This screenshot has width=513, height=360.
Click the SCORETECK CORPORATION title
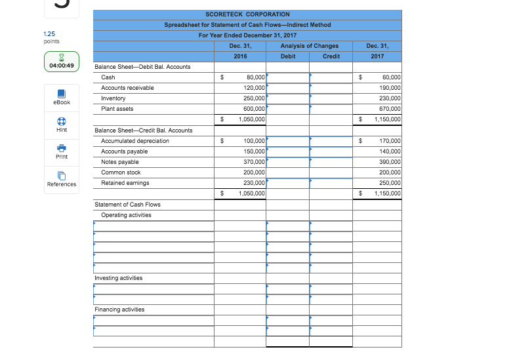(247, 14)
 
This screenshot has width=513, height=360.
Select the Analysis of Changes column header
(309, 46)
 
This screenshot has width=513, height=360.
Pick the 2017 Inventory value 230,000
(390, 98)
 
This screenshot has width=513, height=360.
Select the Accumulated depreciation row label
(135, 141)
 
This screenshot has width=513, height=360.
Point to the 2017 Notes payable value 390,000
(390, 162)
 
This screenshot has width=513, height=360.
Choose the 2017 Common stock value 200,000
(390, 172)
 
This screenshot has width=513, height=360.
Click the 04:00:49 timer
(61, 66)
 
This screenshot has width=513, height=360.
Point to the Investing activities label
(118, 278)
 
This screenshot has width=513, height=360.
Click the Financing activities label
(119, 310)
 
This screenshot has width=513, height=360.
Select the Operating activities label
(126, 215)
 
